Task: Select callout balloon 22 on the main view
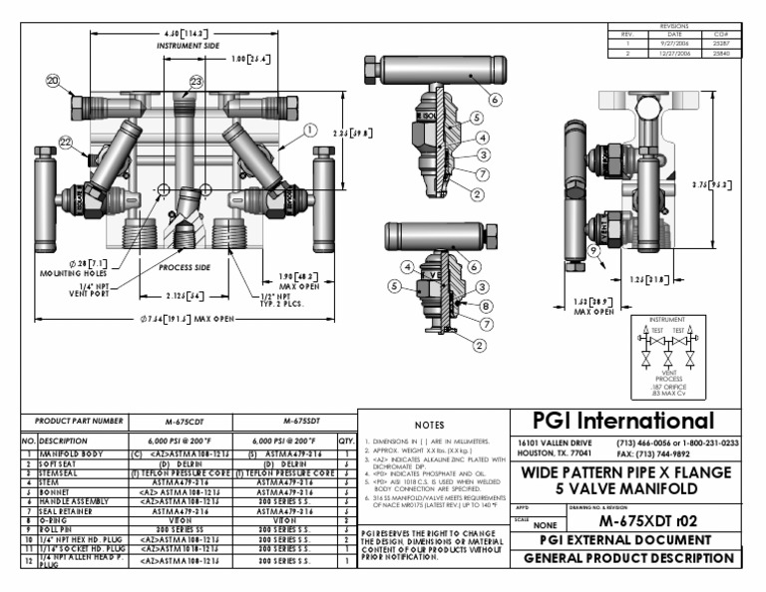click(x=67, y=143)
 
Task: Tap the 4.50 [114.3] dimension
click(x=185, y=32)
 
